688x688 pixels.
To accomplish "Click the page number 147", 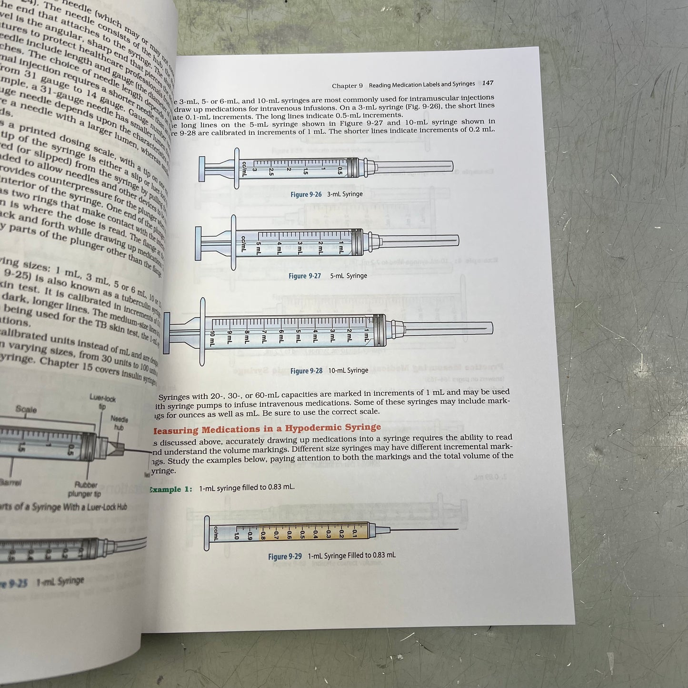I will click(x=488, y=83).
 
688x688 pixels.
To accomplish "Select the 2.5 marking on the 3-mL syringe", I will click(x=271, y=172).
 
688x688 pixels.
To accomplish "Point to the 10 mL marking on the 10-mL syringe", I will click(x=212, y=338).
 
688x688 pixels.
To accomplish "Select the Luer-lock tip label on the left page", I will click(x=103, y=402).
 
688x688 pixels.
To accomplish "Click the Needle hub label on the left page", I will click(x=120, y=423).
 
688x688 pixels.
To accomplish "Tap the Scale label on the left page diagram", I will click(x=26, y=409).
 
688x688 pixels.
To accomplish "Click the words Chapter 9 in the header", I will click(x=347, y=86).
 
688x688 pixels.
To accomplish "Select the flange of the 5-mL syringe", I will click(x=233, y=242).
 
